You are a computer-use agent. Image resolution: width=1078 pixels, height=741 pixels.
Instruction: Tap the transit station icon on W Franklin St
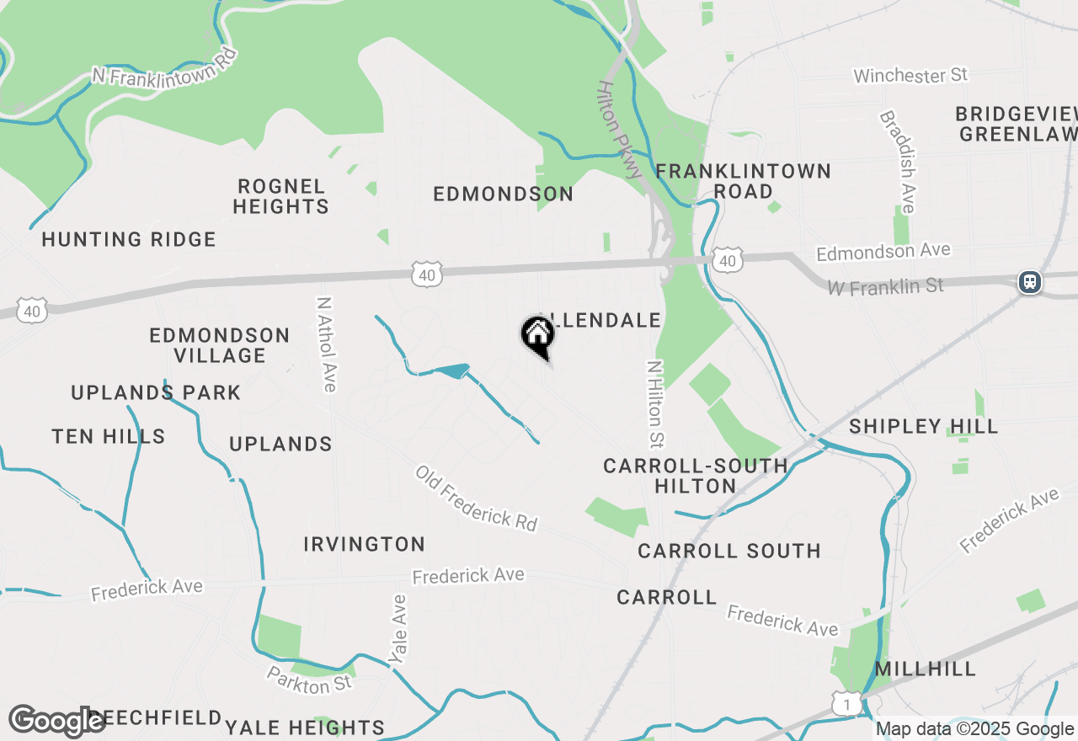point(1029,282)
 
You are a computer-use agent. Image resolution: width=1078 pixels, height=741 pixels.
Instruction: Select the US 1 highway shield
point(848,703)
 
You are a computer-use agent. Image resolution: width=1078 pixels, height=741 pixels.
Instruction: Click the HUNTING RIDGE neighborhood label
point(129,240)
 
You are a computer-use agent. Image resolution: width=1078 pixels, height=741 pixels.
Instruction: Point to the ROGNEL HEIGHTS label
point(280,196)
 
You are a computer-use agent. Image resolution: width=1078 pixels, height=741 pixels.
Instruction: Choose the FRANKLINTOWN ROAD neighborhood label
point(743,181)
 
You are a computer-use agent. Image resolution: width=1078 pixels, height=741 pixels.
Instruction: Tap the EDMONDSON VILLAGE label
point(219,345)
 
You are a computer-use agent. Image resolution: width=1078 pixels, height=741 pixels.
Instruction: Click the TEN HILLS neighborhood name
point(109,436)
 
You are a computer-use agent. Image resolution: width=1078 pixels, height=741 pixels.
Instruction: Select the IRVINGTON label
point(364,545)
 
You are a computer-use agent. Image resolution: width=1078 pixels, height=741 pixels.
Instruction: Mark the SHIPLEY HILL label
point(923,426)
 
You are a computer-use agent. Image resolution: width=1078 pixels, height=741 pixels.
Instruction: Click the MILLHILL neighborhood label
point(926,669)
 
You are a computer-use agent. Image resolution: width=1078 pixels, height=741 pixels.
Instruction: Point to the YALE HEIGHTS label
point(305,728)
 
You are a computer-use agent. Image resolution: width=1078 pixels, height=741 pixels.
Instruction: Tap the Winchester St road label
point(910,76)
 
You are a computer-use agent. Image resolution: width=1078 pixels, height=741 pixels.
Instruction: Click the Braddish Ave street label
point(897,162)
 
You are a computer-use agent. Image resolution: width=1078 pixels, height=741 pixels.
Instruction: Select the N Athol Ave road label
point(326,344)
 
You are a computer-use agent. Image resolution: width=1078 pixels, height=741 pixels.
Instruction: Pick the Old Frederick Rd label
point(476,498)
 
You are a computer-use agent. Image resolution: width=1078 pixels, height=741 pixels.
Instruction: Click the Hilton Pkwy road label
point(622,130)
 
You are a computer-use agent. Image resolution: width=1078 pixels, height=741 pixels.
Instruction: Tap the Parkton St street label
point(309,680)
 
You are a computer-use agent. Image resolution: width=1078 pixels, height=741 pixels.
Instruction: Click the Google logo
point(56,722)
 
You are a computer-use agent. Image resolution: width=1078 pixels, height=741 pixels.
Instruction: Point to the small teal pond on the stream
point(451,370)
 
